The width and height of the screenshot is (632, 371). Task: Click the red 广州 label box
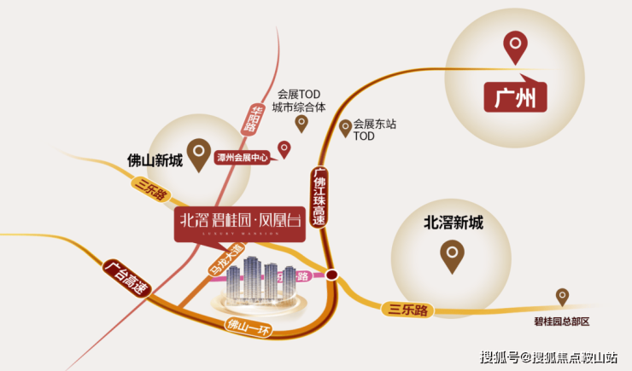click(x=515, y=99)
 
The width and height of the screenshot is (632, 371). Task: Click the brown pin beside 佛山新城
click(x=198, y=153)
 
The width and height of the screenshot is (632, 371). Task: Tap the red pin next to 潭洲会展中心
click(x=285, y=149)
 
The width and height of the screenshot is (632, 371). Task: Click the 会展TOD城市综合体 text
click(x=298, y=101)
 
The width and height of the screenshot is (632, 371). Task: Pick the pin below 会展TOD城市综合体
click(x=301, y=124)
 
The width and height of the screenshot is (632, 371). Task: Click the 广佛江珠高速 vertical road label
click(x=317, y=196)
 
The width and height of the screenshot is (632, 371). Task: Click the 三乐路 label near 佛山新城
click(x=149, y=189)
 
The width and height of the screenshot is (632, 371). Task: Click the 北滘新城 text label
click(x=453, y=223)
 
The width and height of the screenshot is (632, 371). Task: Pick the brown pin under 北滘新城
click(x=452, y=254)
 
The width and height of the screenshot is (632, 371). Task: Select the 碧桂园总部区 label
click(x=561, y=322)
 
